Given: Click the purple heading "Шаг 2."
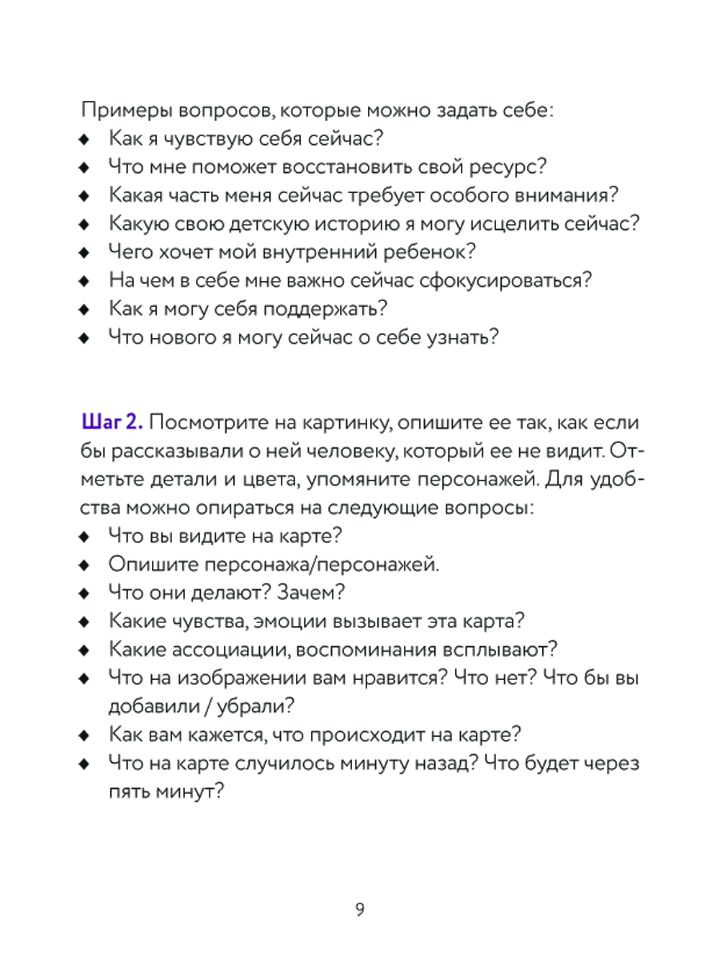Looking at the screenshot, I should (112, 422).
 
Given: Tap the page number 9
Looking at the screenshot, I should (360, 909).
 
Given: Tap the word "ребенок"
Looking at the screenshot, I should (425, 252).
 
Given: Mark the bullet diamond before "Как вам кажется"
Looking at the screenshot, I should (84, 736).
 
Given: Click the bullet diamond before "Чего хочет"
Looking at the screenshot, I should (84, 253).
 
